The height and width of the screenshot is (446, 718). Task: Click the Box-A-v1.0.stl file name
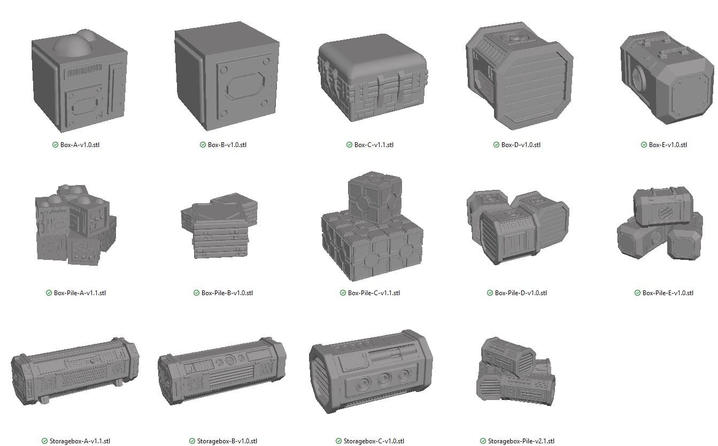(x=80, y=145)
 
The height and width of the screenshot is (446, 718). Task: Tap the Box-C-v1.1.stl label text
(x=374, y=145)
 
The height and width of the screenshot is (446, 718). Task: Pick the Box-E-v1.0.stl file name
(x=668, y=145)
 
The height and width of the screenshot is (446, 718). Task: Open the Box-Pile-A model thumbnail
(x=74, y=225)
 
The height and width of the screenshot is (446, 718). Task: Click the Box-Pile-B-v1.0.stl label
(x=227, y=293)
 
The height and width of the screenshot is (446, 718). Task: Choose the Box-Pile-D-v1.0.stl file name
(x=521, y=293)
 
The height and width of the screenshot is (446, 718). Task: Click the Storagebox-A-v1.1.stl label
(x=80, y=441)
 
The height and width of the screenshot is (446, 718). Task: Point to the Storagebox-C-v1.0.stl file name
(x=374, y=441)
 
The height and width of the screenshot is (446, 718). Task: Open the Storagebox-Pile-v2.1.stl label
(x=521, y=441)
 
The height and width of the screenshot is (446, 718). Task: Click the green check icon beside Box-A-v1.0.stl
(x=56, y=145)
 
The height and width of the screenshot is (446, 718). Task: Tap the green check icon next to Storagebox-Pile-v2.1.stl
(x=483, y=441)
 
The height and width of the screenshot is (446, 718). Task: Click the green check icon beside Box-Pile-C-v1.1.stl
(x=343, y=293)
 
